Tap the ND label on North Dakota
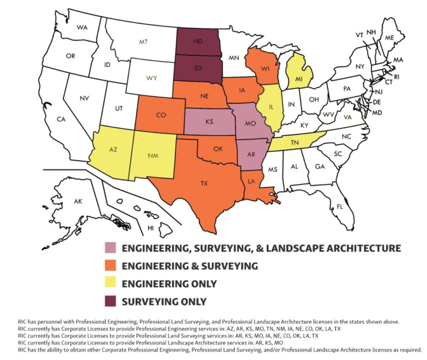[x=197, y=41]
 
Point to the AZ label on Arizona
[x=113, y=150]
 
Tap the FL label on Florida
[x=340, y=207]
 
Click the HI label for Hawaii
[x=151, y=228]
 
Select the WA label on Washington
[x=83, y=27]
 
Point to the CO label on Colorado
[x=161, y=115]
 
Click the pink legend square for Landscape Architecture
[x=111, y=248]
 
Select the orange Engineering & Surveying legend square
[x=111, y=266]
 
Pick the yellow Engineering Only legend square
[x=111, y=284]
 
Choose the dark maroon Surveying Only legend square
[x=111, y=302]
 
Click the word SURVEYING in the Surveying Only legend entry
[x=148, y=302]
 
